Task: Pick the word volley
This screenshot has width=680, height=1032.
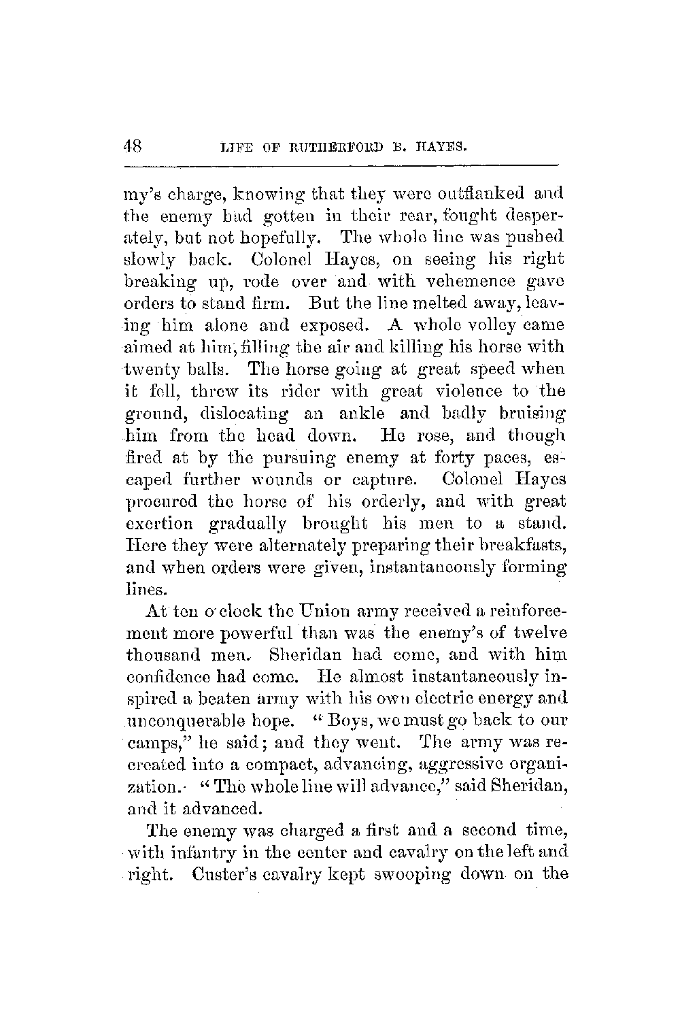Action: tap(488, 325)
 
